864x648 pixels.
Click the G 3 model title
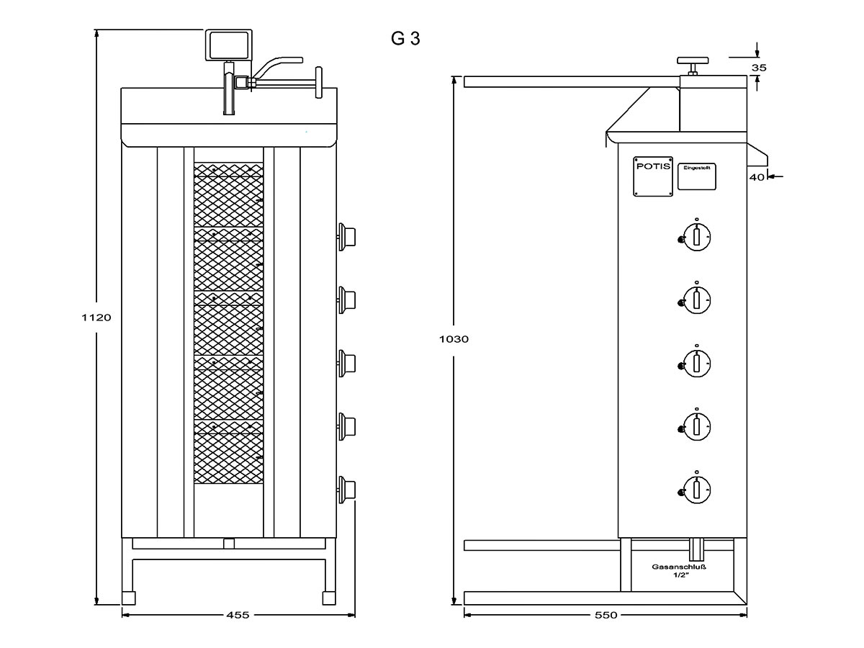pyautogui.click(x=405, y=39)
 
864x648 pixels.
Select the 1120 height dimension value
pyautogui.click(x=96, y=317)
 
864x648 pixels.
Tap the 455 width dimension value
pyautogui.click(x=238, y=615)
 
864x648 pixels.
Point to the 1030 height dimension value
pyautogui.click(x=454, y=338)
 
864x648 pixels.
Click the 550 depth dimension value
pyautogui.click(x=606, y=615)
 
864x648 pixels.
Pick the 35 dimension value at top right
pyautogui.click(x=758, y=67)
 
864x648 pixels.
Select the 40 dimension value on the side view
pyautogui.click(x=756, y=176)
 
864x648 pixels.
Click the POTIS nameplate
pyautogui.click(x=653, y=176)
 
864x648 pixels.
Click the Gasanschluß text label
pyautogui.click(x=678, y=567)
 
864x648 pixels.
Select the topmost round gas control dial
pyautogui.click(x=696, y=236)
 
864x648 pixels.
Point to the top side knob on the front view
pyautogui.click(x=347, y=234)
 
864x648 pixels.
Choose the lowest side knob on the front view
pyautogui.click(x=347, y=487)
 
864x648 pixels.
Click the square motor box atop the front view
pyautogui.click(x=229, y=45)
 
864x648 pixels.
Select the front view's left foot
pyautogui.click(x=129, y=598)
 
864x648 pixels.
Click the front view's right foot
pyautogui.click(x=328, y=598)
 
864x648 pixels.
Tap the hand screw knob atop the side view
pyautogui.click(x=693, y=62)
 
